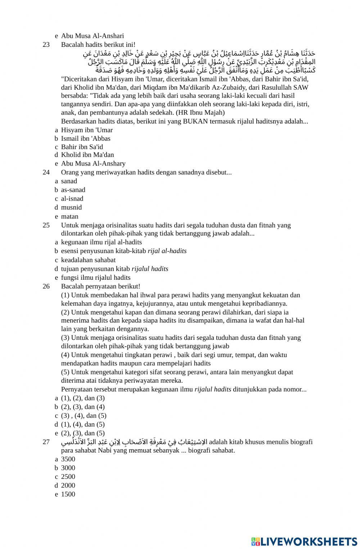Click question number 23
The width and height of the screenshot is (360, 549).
point(46,45)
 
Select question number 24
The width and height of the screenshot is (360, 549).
point(46,172)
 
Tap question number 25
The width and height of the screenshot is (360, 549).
point(46,225)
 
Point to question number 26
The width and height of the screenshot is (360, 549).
point(46,287)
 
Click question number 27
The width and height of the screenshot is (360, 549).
point(46,442)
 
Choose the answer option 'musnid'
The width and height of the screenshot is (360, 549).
point(71,207)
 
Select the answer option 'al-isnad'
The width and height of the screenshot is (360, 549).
point(72,199)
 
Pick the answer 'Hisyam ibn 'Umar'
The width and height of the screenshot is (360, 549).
point(87,130)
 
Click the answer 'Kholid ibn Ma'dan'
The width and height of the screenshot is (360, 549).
point(87,155)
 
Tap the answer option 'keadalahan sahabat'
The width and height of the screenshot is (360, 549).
point(88,260)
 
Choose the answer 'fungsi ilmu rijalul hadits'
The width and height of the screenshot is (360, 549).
point(95,278)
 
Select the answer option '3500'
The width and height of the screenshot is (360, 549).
point(68,459)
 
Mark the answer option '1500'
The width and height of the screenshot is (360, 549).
point(68,494)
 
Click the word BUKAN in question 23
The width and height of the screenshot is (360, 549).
point(195,121)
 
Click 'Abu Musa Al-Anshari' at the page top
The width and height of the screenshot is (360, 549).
point(92,36)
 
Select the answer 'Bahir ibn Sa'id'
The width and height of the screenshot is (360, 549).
point(82,147)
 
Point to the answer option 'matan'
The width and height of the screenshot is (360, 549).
point(69,216)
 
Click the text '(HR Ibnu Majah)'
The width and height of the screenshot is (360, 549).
point(200,112)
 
